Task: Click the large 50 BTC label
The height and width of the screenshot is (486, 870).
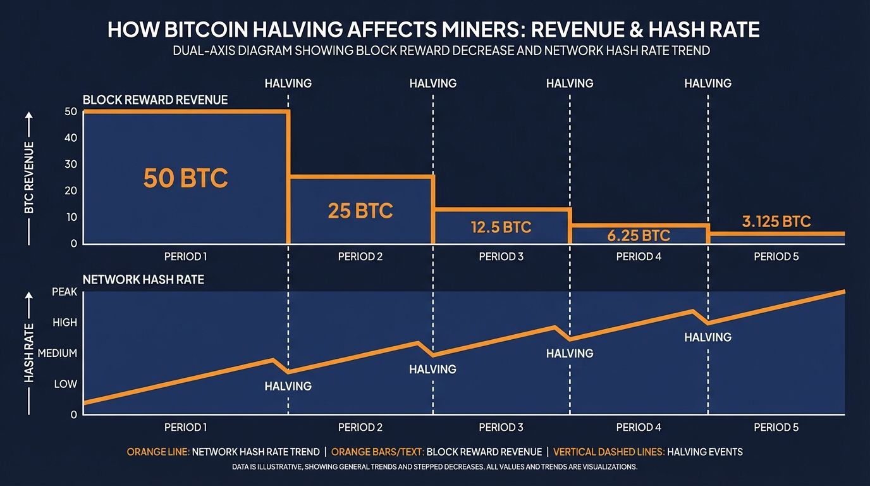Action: coord(185,178)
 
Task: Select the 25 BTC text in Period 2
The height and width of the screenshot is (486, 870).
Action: coord(360,210)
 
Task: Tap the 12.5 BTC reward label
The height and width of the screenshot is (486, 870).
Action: coord(501,227)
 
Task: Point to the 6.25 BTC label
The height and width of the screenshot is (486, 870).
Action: coord(639,235)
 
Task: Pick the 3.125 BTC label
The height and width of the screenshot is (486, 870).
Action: coord(776,221)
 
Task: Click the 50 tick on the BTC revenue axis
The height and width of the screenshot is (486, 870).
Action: coord(71,112)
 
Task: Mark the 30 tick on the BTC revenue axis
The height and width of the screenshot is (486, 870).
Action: coord(71,165)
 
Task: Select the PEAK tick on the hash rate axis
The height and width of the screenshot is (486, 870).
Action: coord(64,292)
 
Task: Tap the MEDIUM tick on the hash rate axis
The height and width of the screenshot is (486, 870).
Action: coord(58,353)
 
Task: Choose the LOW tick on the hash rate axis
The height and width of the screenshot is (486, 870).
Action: coord(65,384)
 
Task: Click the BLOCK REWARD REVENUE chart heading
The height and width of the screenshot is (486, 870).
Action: coord(155,100)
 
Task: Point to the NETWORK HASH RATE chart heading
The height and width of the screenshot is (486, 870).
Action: coord(144,279)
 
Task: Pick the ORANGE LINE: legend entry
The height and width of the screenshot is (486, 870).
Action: coord(157,452)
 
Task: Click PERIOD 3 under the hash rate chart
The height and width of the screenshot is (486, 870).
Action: coord(501,427)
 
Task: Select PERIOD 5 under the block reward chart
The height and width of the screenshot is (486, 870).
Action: coord(776,256)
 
